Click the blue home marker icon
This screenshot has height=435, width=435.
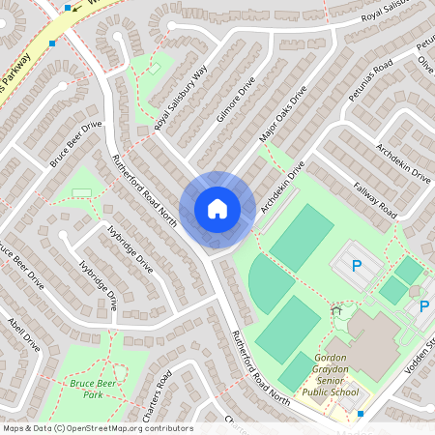[217, 208]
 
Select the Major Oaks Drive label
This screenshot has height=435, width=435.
[282, 114]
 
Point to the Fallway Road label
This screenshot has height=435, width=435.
[375, 198]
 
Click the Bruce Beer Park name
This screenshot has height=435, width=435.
[79, 389]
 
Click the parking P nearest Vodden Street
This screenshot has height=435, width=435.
[423, 307]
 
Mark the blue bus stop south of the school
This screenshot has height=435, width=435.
[361, 414]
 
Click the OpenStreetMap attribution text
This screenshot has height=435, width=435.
[97, 428]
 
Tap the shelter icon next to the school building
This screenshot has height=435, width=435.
[337, 311]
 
